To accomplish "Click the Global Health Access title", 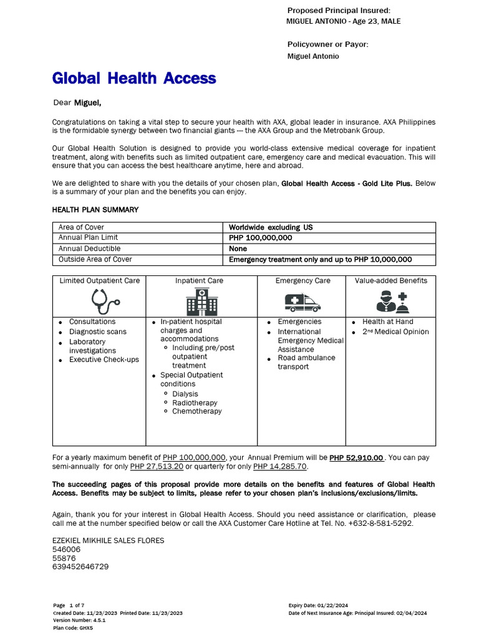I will [134, 79].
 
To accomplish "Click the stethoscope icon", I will [105, 302].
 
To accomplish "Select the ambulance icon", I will [302, 302].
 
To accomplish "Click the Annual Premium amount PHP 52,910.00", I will [356, 457].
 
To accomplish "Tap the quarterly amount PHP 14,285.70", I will [280, 467].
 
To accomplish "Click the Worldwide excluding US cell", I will [271, 227].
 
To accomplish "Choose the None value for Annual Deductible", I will [238, 249].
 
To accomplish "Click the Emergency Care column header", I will [302, 281].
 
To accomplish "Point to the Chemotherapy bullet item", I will [196, 411].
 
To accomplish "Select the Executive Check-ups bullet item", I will [104, 359].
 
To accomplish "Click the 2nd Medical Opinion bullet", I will [395, 332].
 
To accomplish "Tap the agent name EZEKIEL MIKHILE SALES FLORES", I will [108, 541].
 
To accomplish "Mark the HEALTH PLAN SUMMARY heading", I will [95, 210].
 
